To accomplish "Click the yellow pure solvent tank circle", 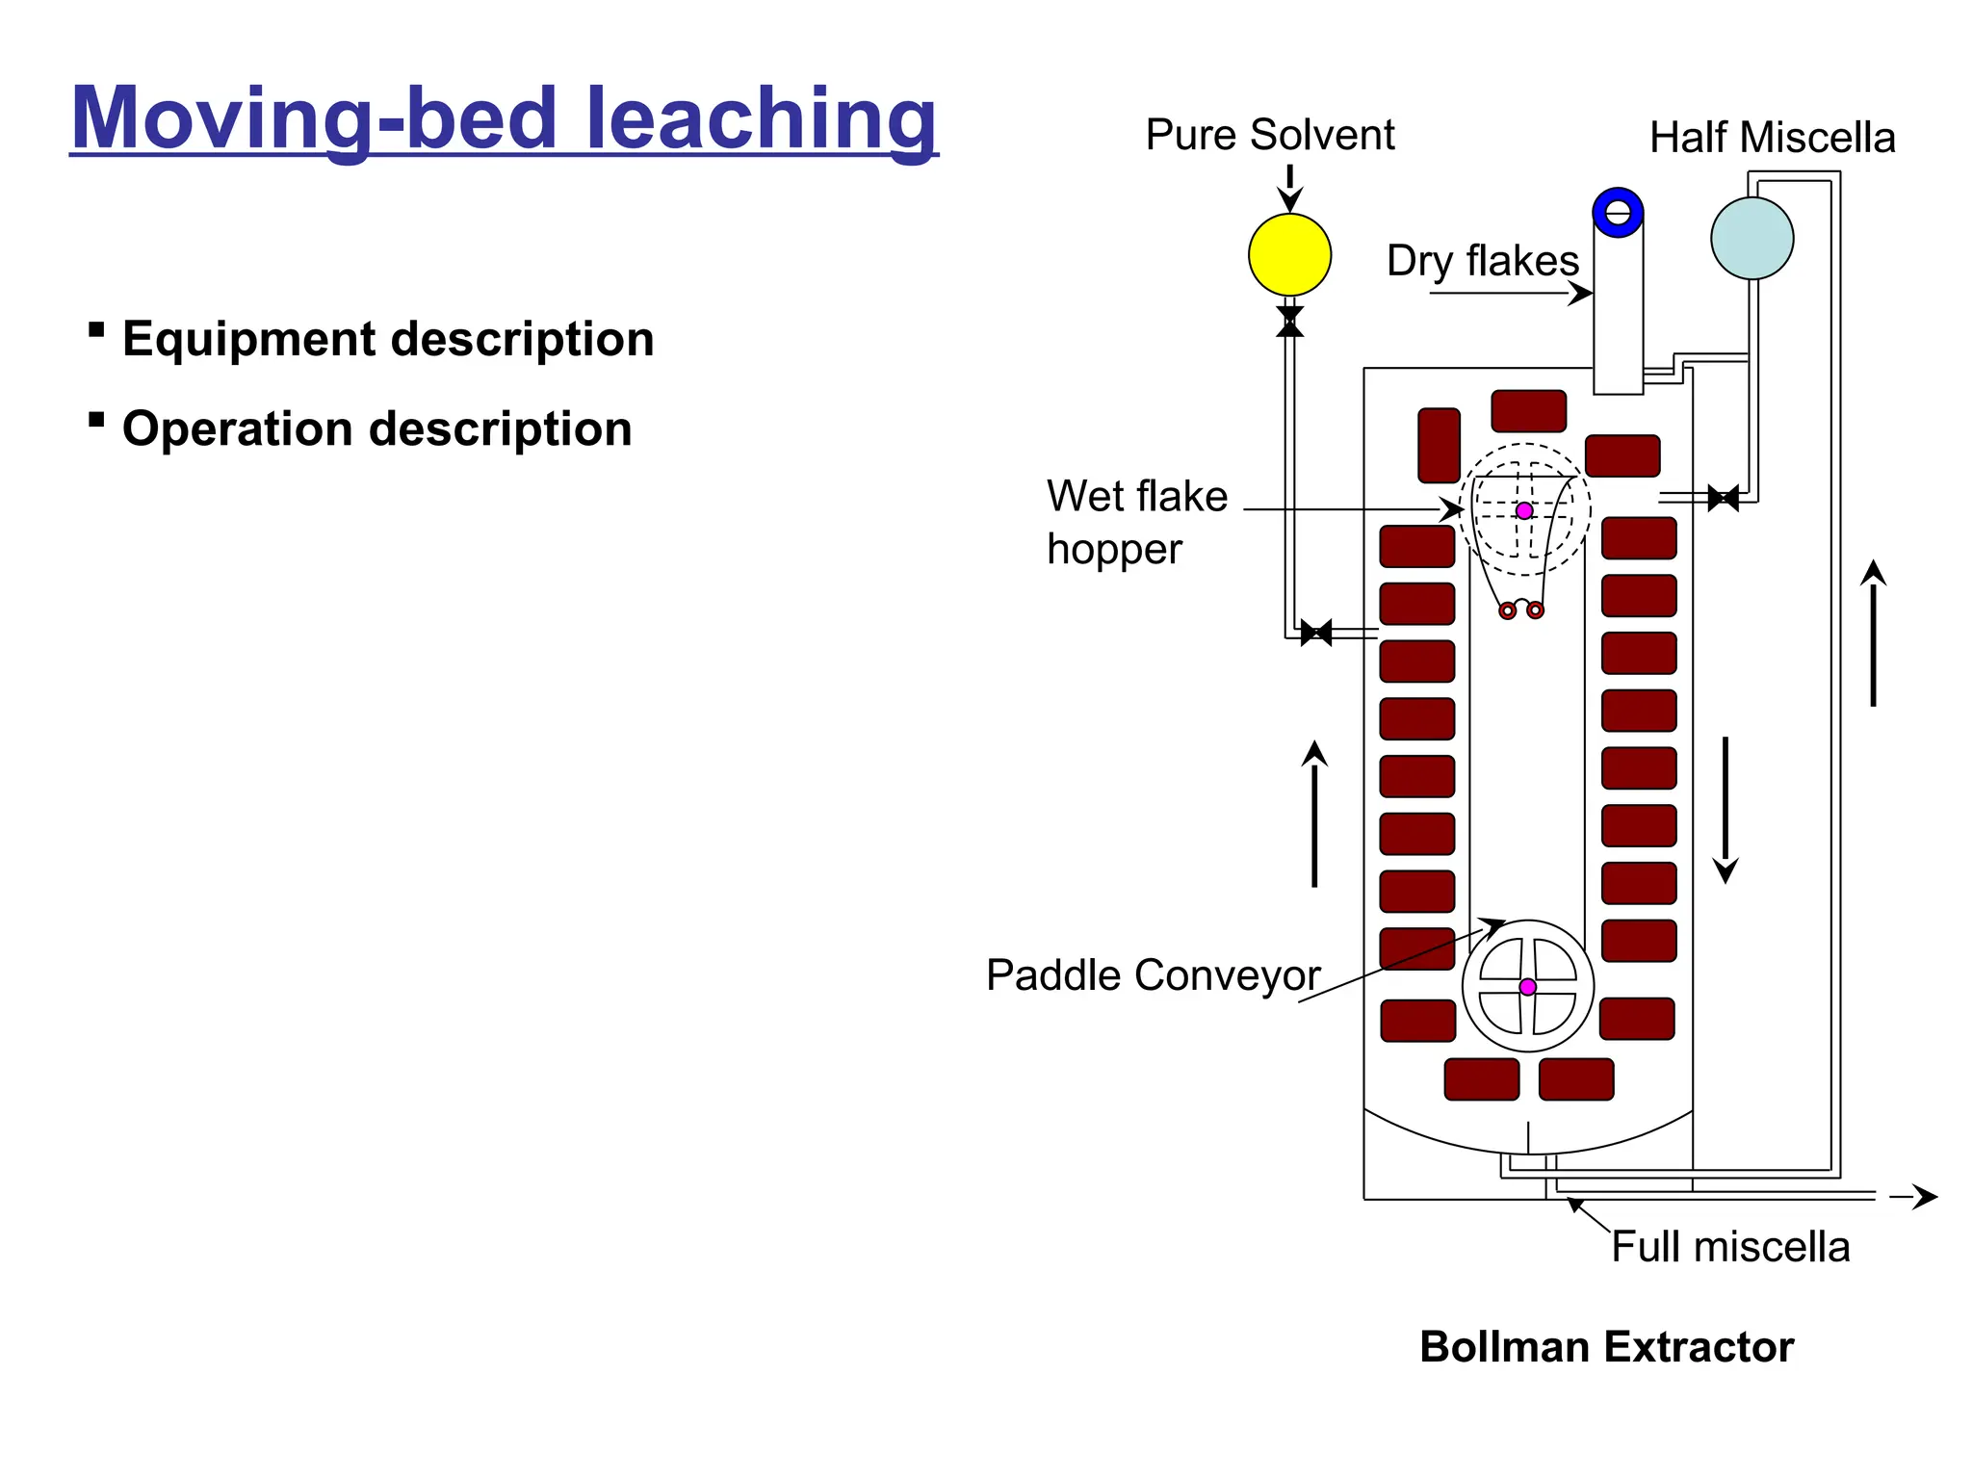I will (x=1289, y=254).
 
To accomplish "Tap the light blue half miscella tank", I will (x=1751, y=238).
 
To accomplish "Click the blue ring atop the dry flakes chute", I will (x=1618, y=212).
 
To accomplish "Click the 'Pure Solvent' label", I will (x=1269, y=135).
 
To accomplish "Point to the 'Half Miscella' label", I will (x=1772, y=138).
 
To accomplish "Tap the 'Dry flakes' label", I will (x=1482, y=261).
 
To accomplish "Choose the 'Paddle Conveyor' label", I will (x=1153, y=975).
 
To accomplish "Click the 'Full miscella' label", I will (x=1730, y=1247).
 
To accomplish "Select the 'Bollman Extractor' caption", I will (x=1606, y=1347).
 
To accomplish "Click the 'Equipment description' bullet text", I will (x=388, y=339).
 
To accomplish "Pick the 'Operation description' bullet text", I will (x=376, y=428).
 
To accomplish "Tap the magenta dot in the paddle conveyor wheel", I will (x=1527, y=987).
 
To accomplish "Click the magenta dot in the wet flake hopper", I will (x=1524, y=510).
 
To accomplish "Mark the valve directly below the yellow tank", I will (x=1289, y=322).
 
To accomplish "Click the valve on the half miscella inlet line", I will (x=1723, y=498).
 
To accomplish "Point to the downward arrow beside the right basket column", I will (x=1725, y=809).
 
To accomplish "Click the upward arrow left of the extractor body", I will (x=1314, y=814).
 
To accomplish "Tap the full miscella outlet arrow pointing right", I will (x=1913, y=1196).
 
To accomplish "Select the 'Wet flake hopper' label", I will (x=1136, y=522).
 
